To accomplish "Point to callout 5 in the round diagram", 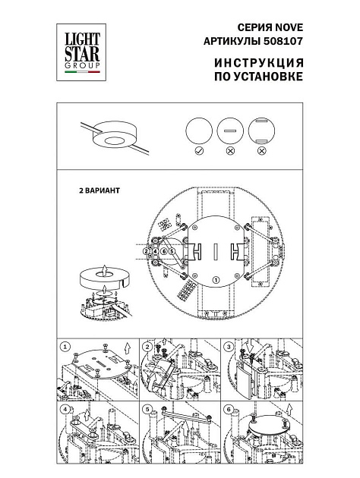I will click(172, 250).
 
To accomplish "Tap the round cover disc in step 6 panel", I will click(265, 427).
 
